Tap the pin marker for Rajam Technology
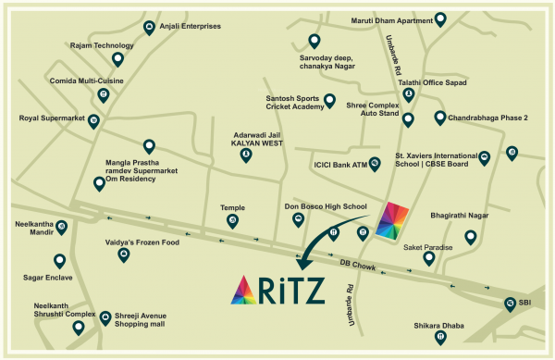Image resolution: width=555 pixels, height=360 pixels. pos(118,59)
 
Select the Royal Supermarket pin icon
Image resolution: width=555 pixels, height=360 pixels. pos(93,120)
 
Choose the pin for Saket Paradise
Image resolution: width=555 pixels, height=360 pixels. pos(429,258)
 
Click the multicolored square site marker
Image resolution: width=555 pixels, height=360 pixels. pos(392,218)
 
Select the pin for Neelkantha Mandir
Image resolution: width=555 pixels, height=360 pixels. pos(62,225)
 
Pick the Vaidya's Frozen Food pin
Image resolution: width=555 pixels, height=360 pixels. pos(124,253)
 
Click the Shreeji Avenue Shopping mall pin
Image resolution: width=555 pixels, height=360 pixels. pos(105,316)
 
